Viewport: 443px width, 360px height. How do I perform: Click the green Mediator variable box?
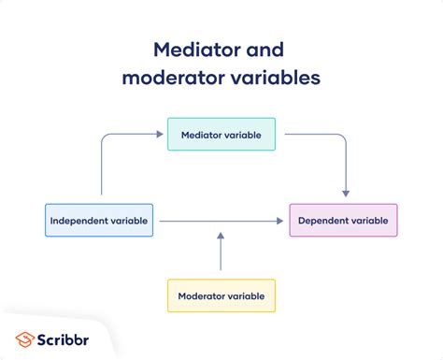(x=221, y=134)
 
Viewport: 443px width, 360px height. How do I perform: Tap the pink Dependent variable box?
(x=343, y=220)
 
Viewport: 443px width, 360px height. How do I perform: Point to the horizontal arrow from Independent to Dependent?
(x=220, y=221)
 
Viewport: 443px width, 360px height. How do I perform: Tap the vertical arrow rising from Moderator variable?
(x=221, y=252)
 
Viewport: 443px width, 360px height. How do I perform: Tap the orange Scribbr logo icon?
(x=26, y=338)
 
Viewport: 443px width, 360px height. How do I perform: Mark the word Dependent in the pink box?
(x=324, y=220)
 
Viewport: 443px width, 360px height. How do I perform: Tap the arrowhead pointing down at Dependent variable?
(x=345, y=192)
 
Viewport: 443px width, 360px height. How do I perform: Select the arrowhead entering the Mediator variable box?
(x=162, y=135)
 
